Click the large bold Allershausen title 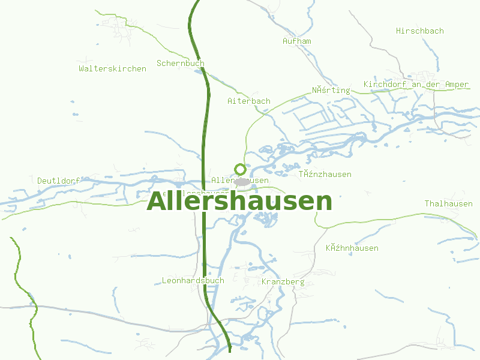coord(239,202)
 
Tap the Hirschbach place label coord(420,31)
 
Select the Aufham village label coord(297,41)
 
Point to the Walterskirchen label coord(112,68)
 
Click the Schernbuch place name coord(181,63)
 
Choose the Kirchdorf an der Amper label coord(416,85)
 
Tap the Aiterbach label coord(249,101)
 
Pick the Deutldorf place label coord(59,181)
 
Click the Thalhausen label coord(449,203)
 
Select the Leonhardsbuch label coord(193,280)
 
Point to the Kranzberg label coord(283,281)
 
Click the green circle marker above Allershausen coord(241,169)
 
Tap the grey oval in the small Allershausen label coord(242,181)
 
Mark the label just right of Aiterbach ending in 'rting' coord(331,90)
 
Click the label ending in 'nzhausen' coord(325,174)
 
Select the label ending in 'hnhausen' coord(352,248)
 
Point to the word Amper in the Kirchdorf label coord(457,85)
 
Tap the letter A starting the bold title coord(156,202)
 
